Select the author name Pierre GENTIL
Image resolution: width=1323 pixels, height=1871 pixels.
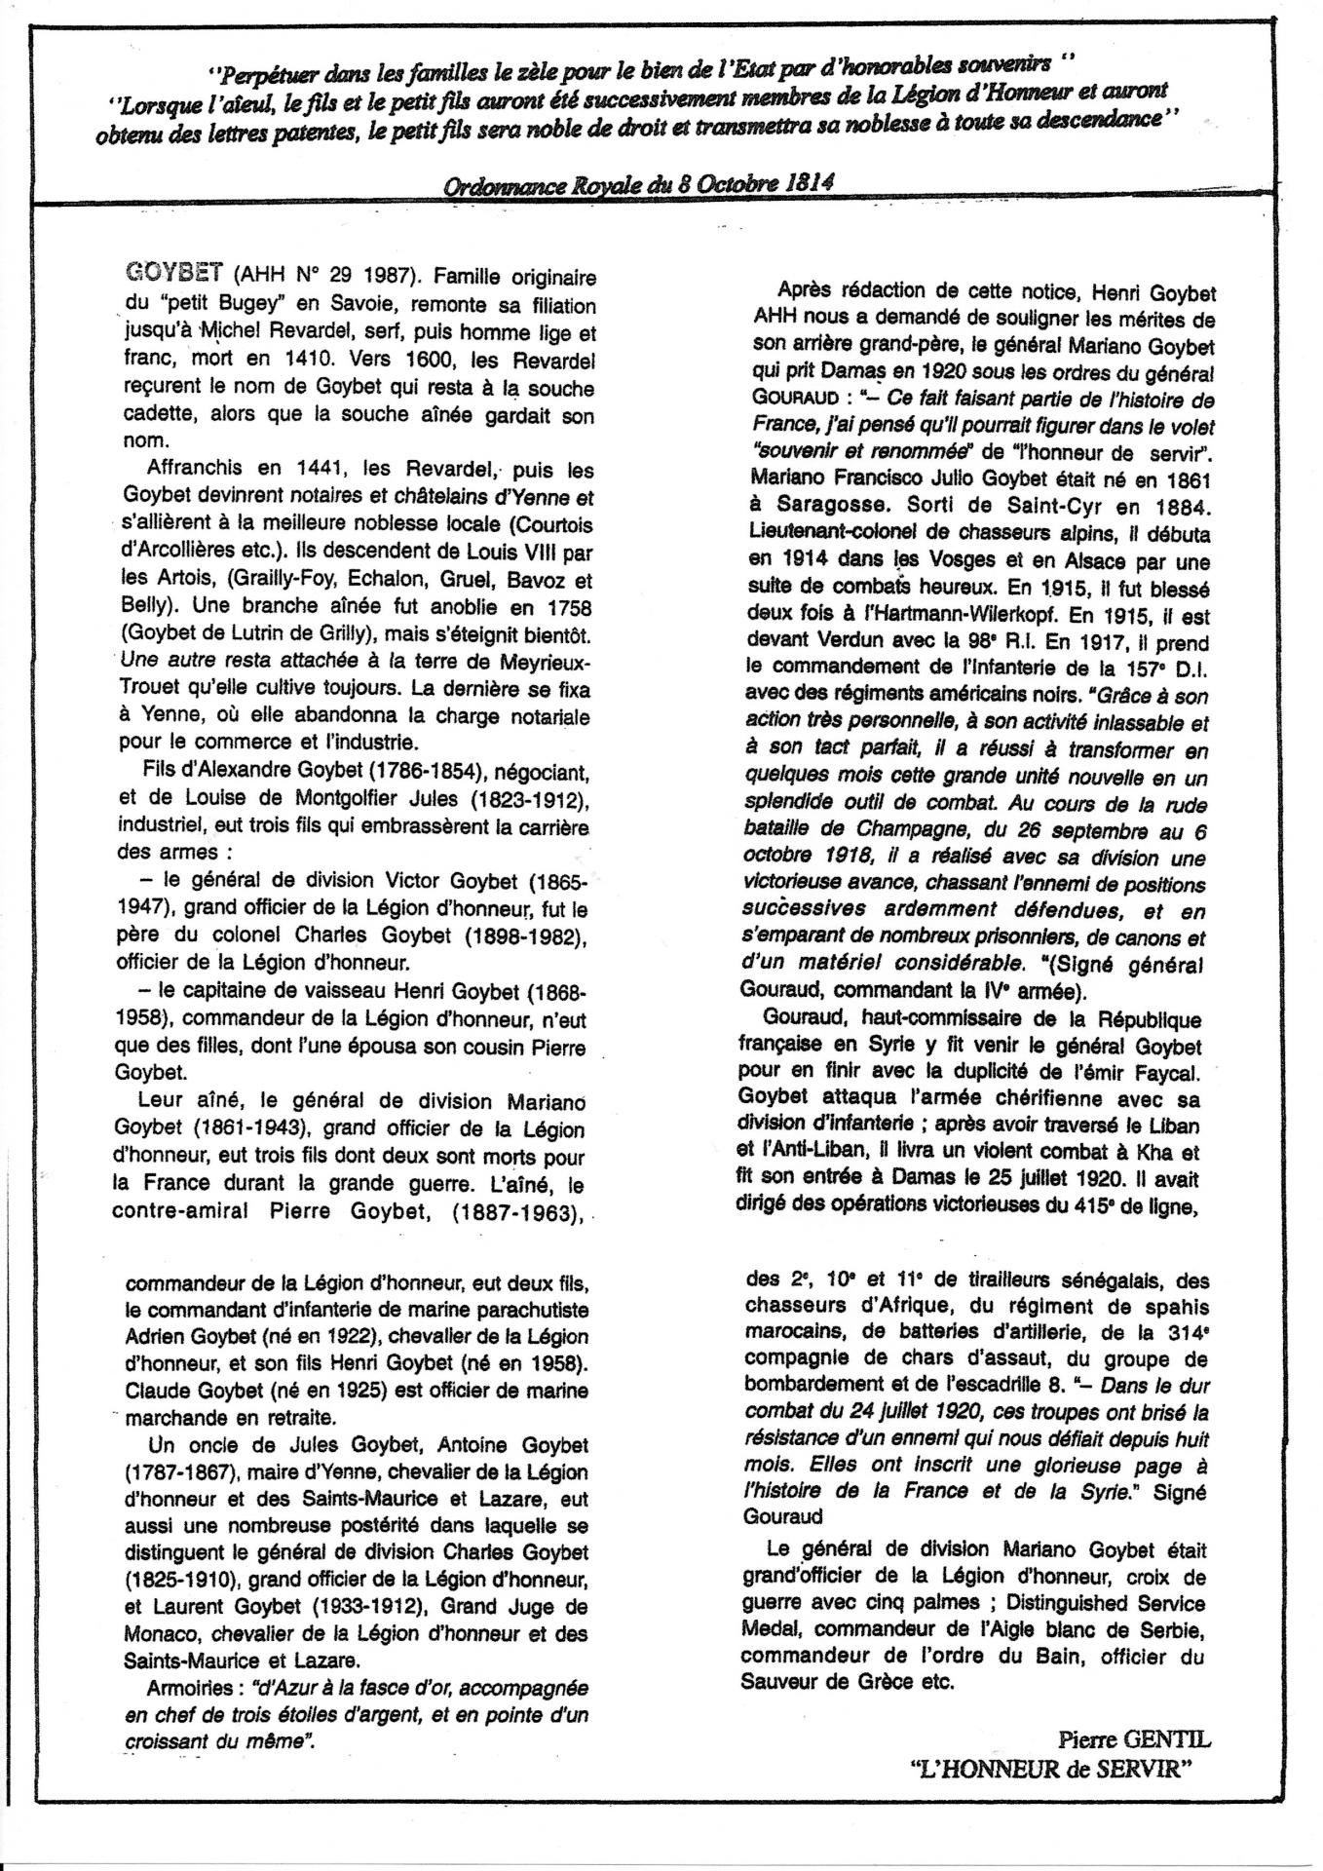(1134, 1737)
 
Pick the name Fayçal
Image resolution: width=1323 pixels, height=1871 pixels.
(1168, 1073)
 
